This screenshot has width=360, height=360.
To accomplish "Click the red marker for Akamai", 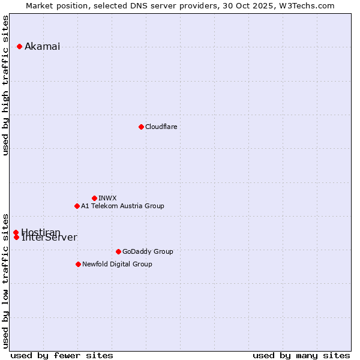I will (19, 46).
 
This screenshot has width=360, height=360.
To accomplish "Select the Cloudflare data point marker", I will (141, 127).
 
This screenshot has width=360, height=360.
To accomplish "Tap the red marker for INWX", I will (94, 198).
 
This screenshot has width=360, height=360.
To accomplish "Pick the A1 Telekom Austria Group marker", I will (77, 206).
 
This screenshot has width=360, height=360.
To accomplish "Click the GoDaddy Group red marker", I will (118, 251).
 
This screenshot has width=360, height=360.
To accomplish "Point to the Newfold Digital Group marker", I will (78, 264).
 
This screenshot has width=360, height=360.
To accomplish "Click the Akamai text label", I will (42, 47).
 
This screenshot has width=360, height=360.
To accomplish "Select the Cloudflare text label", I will (161, 127).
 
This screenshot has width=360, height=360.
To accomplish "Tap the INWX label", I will (107, 198).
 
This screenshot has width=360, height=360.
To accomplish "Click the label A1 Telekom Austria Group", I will (122, 206).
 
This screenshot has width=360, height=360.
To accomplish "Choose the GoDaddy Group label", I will (148, 251).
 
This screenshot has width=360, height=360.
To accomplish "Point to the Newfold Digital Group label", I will (117, 264).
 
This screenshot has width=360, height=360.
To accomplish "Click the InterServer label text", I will (49, 238).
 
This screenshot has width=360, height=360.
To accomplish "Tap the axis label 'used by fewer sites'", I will (62, 355).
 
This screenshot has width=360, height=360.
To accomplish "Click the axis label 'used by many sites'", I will (301, 355).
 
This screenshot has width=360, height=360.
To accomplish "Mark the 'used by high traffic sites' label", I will (6, 85).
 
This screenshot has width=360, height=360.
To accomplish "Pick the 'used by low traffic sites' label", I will (6, 280).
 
